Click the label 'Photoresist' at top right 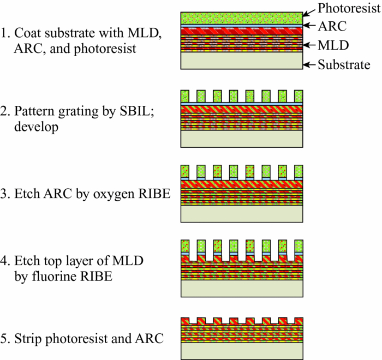[349, 8]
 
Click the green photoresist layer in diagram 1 [242, 17]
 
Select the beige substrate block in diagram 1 [242, 61]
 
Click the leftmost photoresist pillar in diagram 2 [184, 96]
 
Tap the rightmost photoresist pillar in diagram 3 [299, 171]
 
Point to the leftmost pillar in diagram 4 [184, 248]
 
